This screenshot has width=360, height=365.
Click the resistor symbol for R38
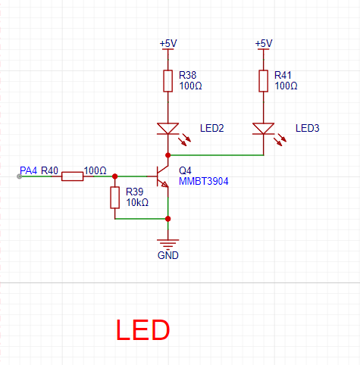pyautogui.click(x=168, y=81)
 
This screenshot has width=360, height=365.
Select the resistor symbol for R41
pyautogui.click(x=264, y=81)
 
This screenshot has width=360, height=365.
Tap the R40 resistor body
pyautogui.click(x=73, y=176)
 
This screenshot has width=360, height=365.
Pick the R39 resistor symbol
pyautogui.click(x=115, y=198)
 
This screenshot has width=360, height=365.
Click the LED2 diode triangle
pyautogui.click(x=168, y=129)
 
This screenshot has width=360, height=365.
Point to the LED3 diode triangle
pyautogui.click(x=264, y=129)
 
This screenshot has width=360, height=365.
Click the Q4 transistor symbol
pyautogui.click(x=161, y=176)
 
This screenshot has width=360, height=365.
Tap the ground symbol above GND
pyautogui.click(x=168, y=243)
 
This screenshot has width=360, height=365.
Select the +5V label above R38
pyautogui.click(x=168, y=43)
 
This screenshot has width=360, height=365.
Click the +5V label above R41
pyautogui.click(x=264, y=43)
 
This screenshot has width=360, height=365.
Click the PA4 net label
pyautogui.click(x=28, y=170)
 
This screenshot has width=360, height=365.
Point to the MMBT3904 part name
pyautogui.click(x=204, y=181)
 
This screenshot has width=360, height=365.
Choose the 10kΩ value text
pyautogui.click(x=137, y=202)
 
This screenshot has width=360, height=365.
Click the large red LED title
pyautogui.click(x=142, y=330)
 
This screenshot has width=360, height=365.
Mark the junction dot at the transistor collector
pyautogui.click(x=168, y=155)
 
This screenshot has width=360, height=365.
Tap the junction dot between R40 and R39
pyautogui.click(x=115, y=176)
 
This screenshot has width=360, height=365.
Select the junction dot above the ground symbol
pyautogui.click(x=168, y=219)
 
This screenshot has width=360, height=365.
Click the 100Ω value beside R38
pyautogui.click(x=190, y=86)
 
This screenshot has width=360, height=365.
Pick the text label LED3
pyautogui.click(x=308, y=128)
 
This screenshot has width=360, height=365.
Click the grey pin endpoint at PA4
pyautogui.click(x=20, y=176)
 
